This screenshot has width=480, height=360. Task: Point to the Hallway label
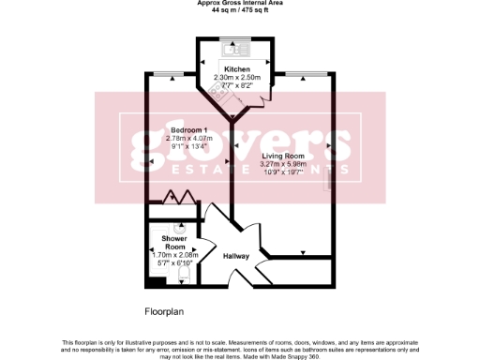(x=235, y=255)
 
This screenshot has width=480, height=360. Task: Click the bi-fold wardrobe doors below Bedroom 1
(x=178, y=198)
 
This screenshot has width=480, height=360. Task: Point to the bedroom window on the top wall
(x=169, y=73)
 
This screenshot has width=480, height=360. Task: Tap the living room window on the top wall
(x=307, y=73)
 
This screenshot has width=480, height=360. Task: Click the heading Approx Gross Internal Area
(x=241, y=3)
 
